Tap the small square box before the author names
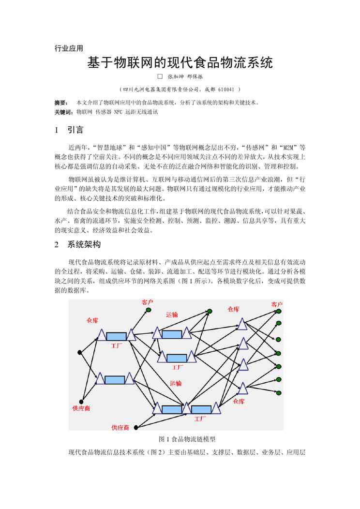coord(160,76)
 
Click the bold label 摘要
coord(60,103)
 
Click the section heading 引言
coord(75,130)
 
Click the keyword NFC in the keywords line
coord(119,112)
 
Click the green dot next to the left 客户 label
coord(149,310)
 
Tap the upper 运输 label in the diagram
coord(172,314)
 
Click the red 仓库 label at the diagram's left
coord(93,320)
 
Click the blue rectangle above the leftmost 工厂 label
coord(116,336)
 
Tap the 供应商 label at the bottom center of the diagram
coord(120,427)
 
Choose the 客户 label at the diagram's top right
coord(276,304)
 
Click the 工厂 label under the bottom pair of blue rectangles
coord(200,418)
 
